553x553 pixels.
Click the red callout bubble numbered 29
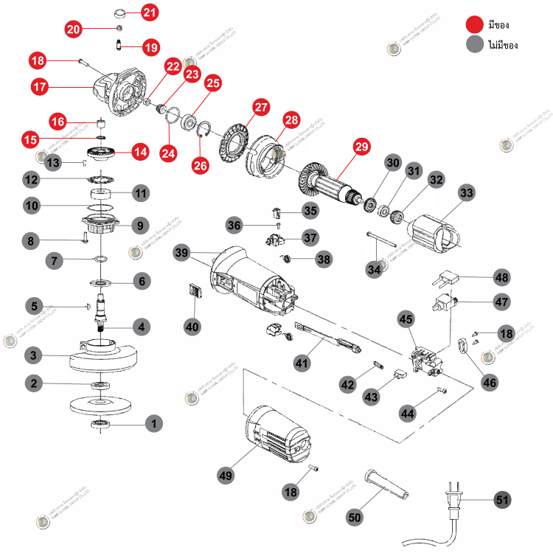(x=361, y=146)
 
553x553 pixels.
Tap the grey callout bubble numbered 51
(x=502, y=499)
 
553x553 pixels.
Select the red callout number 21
(x=150, y=12)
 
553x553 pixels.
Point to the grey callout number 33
(x=467, y=192)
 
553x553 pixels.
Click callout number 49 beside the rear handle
(x=226, y=475)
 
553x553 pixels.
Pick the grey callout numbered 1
(x=153, y=423)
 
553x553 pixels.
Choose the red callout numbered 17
(x=40, y=86)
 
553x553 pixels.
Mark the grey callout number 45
(x=406, y=319)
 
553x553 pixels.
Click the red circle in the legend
(x=473, y=25)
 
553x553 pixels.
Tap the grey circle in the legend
(x=473, y=44)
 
